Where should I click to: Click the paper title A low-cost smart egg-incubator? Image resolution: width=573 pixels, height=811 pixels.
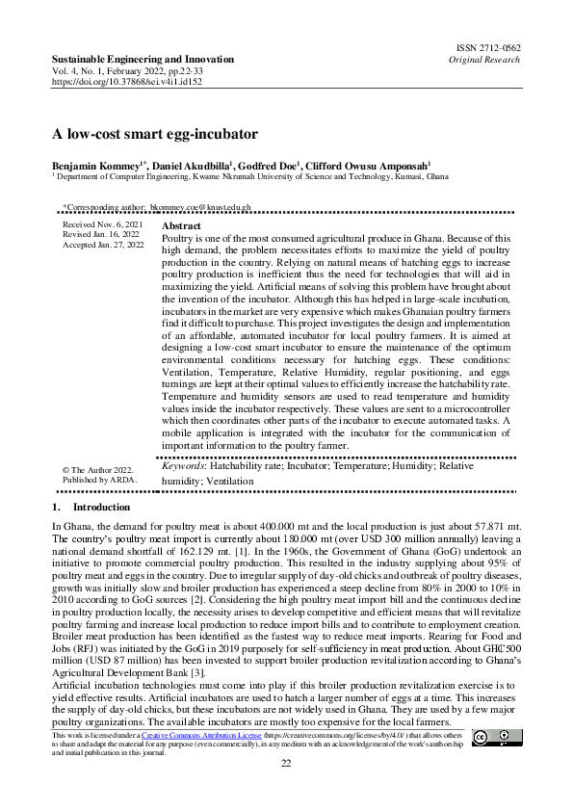[x=154, y=134]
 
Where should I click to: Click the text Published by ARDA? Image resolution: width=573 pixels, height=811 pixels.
[x=99, y=479]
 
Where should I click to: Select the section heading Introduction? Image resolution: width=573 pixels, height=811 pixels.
[x=101, y=507]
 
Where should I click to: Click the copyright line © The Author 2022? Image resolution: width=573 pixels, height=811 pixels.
[x=96, y=467]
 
